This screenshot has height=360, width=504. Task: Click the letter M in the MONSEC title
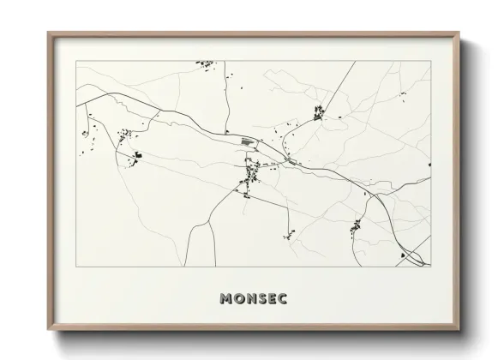(225, 300)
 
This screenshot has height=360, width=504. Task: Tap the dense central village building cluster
(252, 174)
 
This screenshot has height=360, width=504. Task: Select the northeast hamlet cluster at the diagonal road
(319, 111)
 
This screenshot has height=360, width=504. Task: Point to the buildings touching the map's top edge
(204, 63)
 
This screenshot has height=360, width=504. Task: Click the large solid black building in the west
(137, 155)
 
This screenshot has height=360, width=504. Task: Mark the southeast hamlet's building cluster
(356, 227)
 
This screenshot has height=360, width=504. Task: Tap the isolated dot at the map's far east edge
(428, 165)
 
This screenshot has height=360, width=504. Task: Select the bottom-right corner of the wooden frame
(460, 334)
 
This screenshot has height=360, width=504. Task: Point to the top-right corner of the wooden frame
(460, 33)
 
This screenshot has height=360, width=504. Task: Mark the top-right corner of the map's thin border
(430, 61)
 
